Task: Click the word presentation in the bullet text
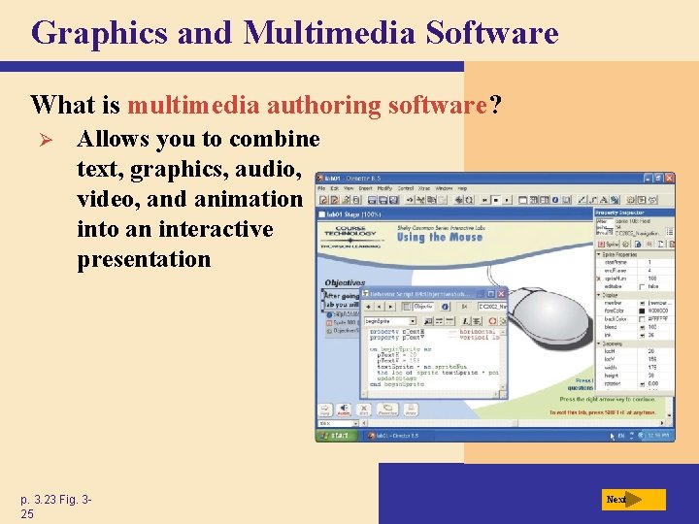144,259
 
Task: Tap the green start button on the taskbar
337,436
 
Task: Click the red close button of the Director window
668,179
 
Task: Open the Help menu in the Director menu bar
463,189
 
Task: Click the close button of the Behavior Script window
501,293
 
